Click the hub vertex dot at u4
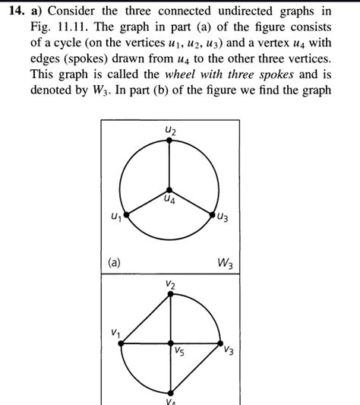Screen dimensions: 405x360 (170, 189)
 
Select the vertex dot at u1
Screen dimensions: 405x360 (126, 215)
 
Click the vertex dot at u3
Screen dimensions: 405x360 (213, 215)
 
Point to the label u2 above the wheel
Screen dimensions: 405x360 (170, 131)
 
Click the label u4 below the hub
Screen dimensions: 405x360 (170, 200)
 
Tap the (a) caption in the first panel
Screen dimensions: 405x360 (113, 263)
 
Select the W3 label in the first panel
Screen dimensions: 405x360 (225, 264)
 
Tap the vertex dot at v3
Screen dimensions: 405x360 (220, 343)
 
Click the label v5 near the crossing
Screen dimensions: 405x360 (179, 352)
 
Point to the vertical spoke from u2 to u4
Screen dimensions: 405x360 (170, 165)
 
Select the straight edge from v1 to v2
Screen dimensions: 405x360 (146, 318)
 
